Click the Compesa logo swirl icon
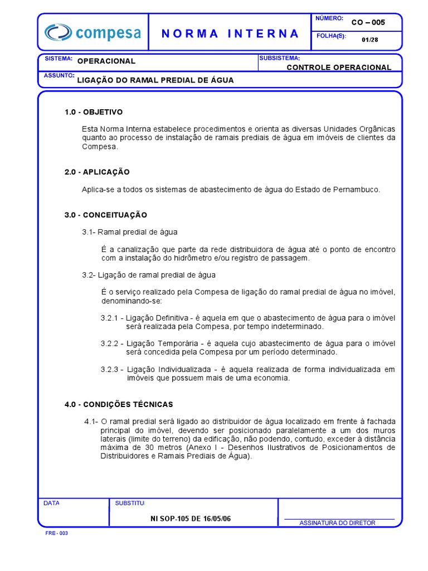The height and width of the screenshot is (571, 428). [58, 32]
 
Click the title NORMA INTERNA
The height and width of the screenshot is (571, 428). [230, 33]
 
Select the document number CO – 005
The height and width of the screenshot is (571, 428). [368, 22]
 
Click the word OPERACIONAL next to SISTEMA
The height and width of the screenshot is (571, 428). [106, 61]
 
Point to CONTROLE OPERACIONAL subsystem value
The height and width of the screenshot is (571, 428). [339, 67]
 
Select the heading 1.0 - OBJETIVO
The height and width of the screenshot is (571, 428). [94, 112]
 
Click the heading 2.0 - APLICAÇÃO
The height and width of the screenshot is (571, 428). [97, 172]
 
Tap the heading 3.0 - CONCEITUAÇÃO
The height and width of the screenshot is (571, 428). [106, 215]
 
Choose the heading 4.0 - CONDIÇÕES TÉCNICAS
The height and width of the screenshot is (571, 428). [119, 404]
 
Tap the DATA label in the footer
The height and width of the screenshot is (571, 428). [51, 503]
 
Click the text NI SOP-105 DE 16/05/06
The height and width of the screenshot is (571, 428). [191, 519]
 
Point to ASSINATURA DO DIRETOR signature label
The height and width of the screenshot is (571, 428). [338, 523]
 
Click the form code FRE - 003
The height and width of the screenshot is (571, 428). [56, 534]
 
